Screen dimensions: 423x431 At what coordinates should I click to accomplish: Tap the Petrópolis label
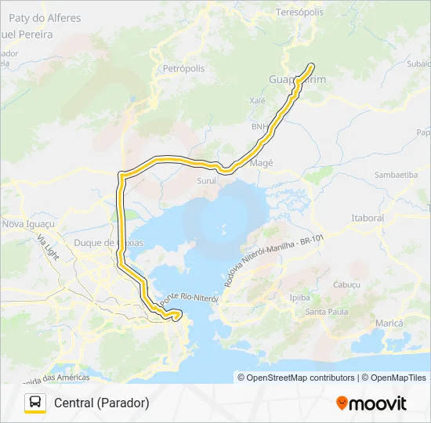coord(183,69)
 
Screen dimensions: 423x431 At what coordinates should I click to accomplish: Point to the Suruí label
coord(206,180)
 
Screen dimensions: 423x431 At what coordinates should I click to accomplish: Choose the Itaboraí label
coord(368,217)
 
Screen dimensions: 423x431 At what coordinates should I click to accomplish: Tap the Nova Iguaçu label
coord(26,224)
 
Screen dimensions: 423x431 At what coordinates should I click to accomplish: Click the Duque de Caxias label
coord(108,243)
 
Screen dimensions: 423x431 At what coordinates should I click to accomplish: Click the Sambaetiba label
coord(397,175)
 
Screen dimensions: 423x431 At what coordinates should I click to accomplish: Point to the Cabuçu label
coord(346,284)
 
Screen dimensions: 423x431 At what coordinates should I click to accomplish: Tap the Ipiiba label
coord(300,298)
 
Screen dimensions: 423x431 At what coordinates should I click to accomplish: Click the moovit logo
coord(371,403)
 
